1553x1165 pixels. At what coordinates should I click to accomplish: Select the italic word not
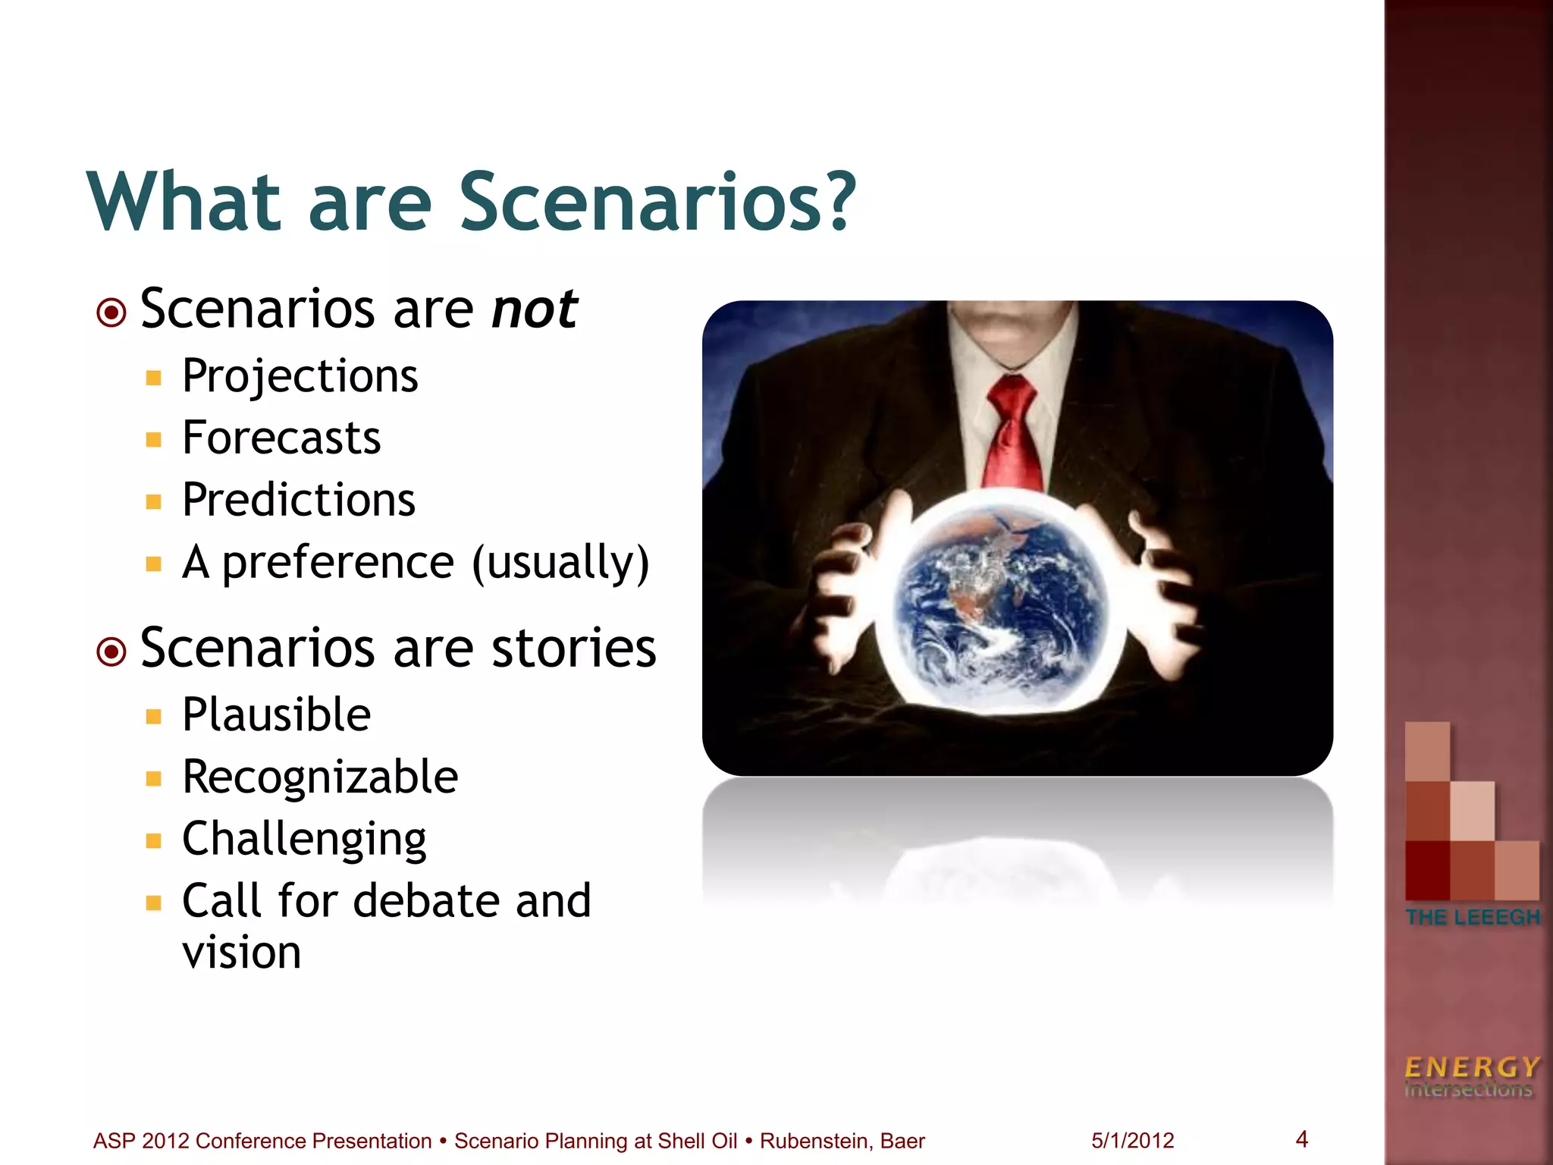click(535, 309)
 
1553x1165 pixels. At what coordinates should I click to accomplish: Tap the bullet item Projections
click(300, 376)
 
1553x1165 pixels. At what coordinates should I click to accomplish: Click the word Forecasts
click(281, 438)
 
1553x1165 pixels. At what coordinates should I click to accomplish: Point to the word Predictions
click(299, 501)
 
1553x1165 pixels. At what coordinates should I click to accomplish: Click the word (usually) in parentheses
click(560, 564)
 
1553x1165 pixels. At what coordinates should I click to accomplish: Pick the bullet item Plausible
click(277, 715)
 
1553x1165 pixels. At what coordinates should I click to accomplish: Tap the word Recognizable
click(320, 777)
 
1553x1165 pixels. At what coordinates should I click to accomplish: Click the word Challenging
click(304, 840)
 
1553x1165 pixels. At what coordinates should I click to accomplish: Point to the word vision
click(242, 953)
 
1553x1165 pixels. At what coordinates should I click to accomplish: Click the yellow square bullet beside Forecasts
click(154, 440)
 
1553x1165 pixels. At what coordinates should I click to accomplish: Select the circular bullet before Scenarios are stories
click(112, 651)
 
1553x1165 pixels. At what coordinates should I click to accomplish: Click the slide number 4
click(1302, 1139)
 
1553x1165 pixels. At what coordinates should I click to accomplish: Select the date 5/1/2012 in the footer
click(1132, 1141)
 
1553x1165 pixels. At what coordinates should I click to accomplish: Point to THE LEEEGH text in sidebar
click(1472, 917)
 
